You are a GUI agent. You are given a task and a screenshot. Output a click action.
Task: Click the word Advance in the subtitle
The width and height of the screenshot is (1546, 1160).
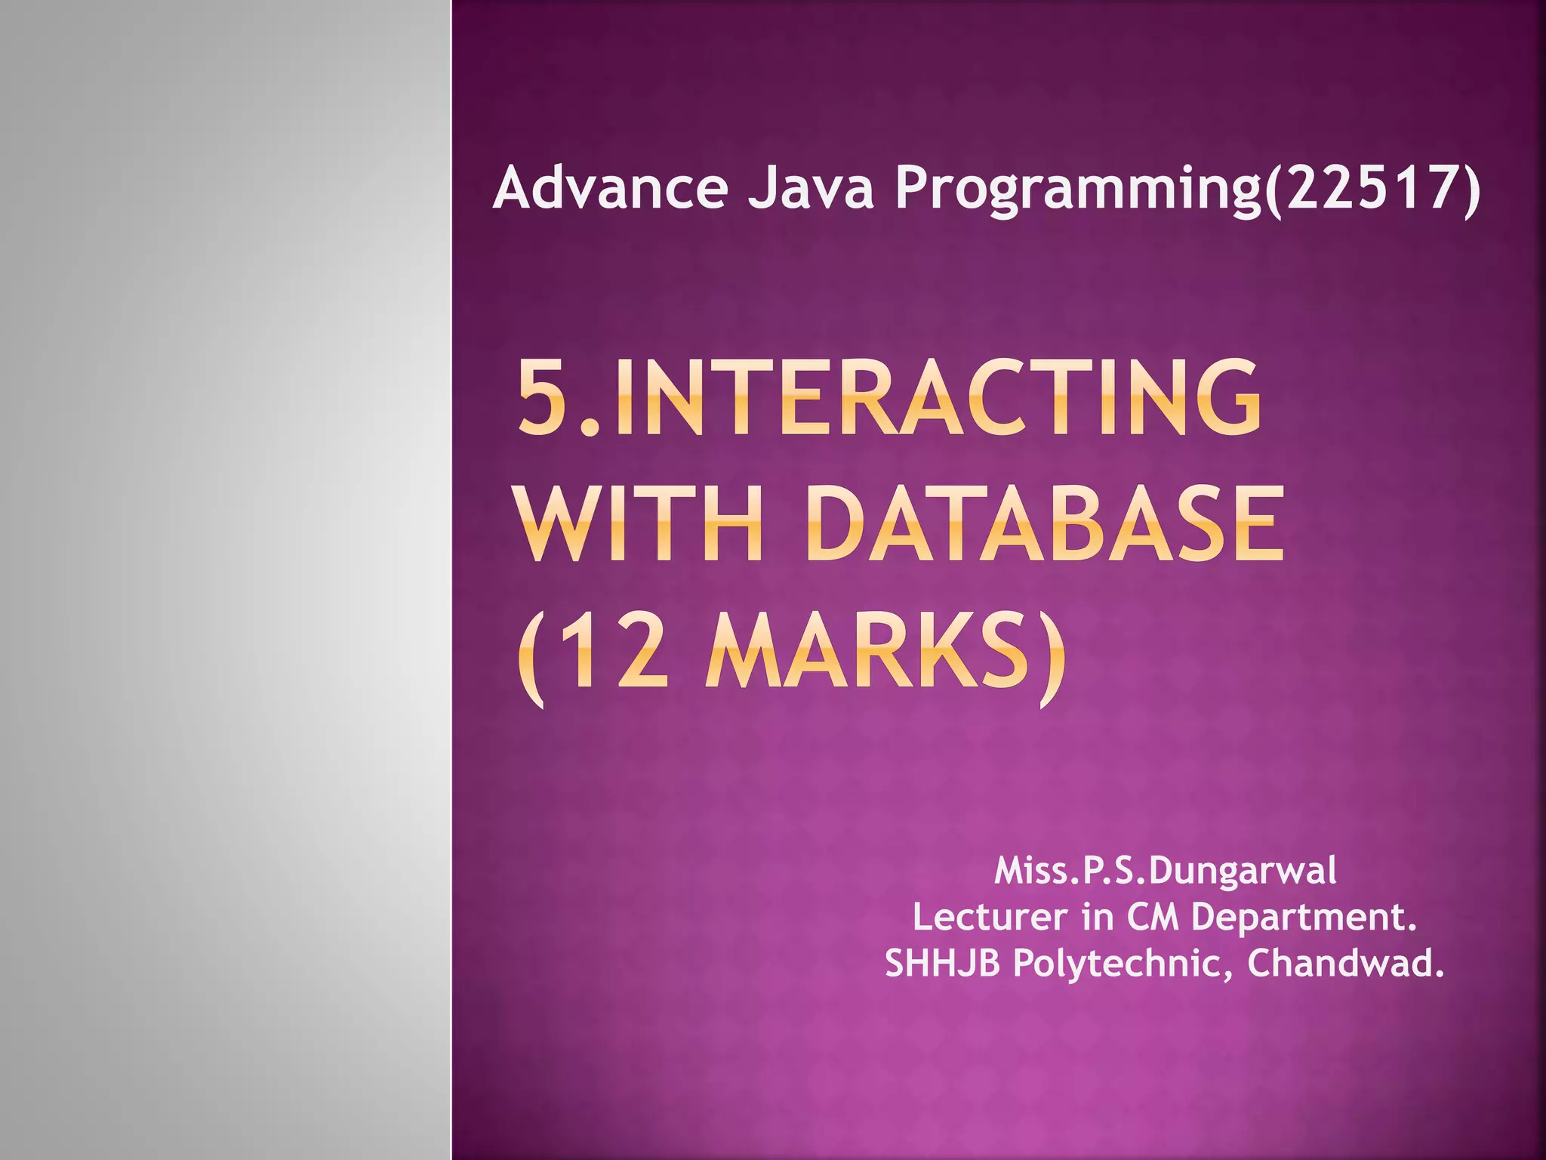(x=610, y=188)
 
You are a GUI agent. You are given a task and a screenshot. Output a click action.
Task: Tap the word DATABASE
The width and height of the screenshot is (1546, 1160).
(x=1046, y=524)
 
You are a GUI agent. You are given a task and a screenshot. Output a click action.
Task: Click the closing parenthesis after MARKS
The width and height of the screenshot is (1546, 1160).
(x=1052, y=657)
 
